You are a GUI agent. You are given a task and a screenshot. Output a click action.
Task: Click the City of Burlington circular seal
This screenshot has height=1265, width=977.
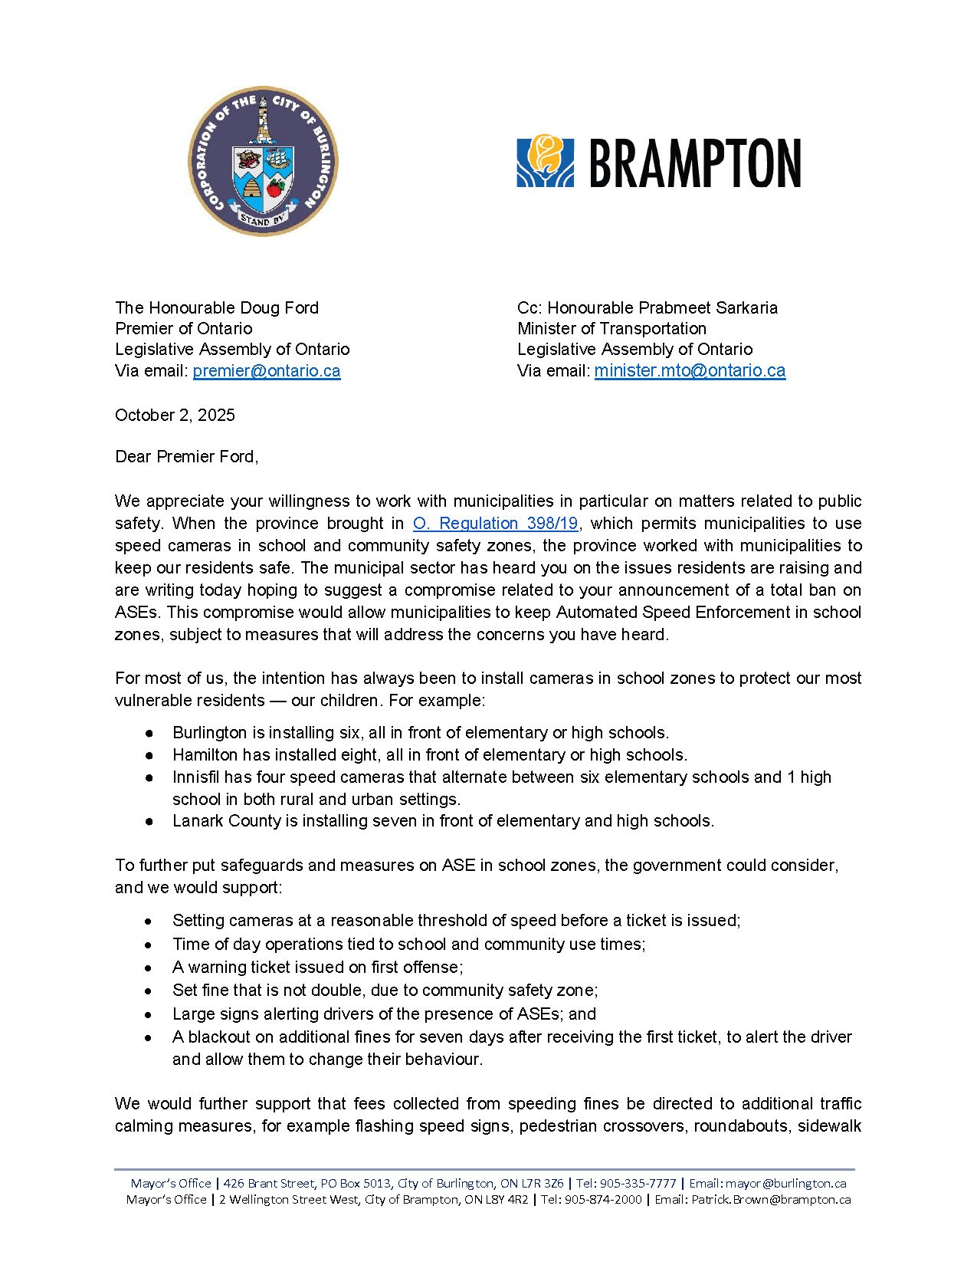tap(263, 161)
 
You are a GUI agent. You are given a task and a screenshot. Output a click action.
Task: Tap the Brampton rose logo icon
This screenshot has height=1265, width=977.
tap(545, 161)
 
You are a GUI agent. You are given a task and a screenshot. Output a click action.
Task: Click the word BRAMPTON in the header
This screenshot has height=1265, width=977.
tap(695, 163)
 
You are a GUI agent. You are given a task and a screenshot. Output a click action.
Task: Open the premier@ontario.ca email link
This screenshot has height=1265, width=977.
tap(267, 371)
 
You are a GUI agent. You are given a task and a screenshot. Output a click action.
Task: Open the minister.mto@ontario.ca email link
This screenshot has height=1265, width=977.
tap(690, 371)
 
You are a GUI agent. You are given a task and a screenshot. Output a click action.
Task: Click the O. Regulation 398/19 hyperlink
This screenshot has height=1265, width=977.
tap(495, 524)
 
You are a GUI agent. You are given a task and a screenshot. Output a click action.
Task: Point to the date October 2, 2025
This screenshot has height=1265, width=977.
tap(175, 416)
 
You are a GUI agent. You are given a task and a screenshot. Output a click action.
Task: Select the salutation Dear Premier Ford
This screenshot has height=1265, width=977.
tap(186, 457)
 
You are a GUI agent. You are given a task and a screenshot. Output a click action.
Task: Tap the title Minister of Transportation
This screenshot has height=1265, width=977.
tap(611, 329)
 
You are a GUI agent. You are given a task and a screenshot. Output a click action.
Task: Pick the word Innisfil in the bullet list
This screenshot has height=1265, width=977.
tap(195, 777)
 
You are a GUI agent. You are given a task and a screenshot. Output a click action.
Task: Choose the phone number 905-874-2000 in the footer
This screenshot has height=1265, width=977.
tap(603, 1200)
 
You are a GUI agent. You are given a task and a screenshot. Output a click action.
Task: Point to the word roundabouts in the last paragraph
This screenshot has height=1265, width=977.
tap(741, 1126)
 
